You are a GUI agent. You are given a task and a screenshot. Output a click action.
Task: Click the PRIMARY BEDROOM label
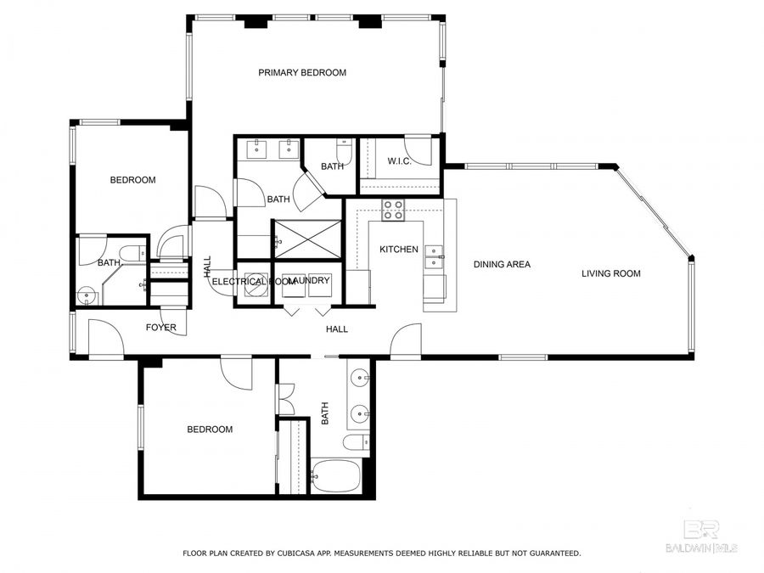coord(302,73)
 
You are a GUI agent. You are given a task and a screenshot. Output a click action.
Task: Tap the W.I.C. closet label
coord(399,161)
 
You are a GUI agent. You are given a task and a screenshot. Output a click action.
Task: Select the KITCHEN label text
coord(398,250)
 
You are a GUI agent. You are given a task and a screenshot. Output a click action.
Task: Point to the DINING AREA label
coord(502,265)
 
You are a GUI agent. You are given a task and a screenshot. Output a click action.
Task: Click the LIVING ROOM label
coord(610,273)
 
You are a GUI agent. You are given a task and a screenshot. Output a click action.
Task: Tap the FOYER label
coord(160,328)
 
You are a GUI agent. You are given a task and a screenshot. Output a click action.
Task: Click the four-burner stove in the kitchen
coord(393,210)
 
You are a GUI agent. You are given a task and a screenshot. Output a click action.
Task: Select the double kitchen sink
coord(434,256)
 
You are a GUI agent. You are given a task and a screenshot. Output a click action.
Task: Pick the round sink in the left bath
coord(86,296)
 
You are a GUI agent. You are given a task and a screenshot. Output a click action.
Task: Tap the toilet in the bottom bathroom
coord(356,441)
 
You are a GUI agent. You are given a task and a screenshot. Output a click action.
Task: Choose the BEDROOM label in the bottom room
coord(210,430)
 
